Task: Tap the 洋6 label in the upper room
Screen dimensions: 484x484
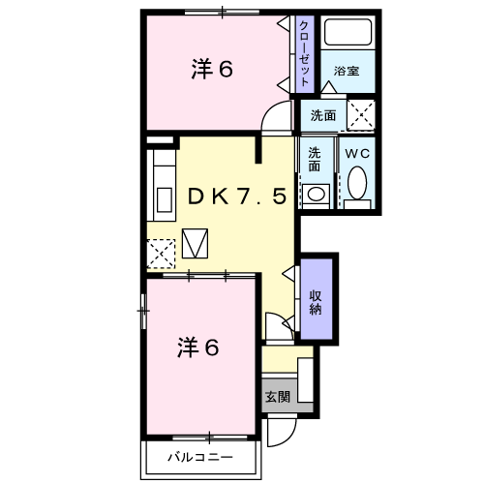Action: (x=211, y=69)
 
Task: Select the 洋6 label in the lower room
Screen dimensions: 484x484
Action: (x=197, y=347)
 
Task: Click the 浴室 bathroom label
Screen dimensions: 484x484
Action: (x=347, y=71)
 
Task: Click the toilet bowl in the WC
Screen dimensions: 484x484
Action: (x=356, y=183)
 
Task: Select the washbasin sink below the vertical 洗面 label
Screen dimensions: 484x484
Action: (x=316, y=193)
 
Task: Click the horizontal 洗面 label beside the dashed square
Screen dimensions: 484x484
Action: (x=323, y=115)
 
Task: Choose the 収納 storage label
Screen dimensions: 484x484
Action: (x=317, y=301)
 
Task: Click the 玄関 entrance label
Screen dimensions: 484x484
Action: (x=277, y=396)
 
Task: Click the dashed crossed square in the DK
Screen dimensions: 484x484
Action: (x=160, y=254)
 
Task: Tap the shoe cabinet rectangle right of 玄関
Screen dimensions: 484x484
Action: (x=306, y=380)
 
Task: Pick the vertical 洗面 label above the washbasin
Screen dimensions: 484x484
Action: (x=316, y=159)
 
